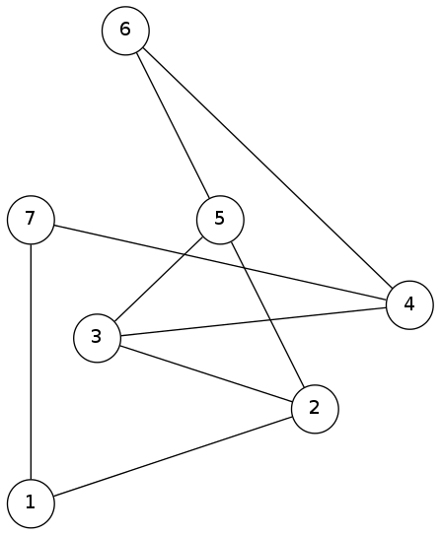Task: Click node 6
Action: tap(125, 31)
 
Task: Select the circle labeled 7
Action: tap(31, 220)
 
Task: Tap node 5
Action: tap(220, 220)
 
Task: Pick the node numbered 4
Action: tap(409, 305)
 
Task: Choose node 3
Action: tap(97, 338)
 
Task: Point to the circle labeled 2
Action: tap(315, 409)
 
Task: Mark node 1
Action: tap(31, 503)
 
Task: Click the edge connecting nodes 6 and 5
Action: tap(173, 125)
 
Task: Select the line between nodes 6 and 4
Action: tap(267, 167)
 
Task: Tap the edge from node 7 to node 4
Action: tap(220, 262)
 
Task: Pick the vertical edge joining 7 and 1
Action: tap(31, 362)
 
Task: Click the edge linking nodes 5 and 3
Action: tap(159, 279)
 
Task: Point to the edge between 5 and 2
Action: tap(267, 314)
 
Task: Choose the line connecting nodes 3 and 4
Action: tap(254, 321)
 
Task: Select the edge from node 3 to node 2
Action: tap(206, 373)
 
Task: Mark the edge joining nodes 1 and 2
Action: tap(173, 456)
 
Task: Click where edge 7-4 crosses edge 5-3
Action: tap(185, 254)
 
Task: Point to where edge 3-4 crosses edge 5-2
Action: tap(270, 319)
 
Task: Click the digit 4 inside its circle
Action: tap(409, 303)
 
